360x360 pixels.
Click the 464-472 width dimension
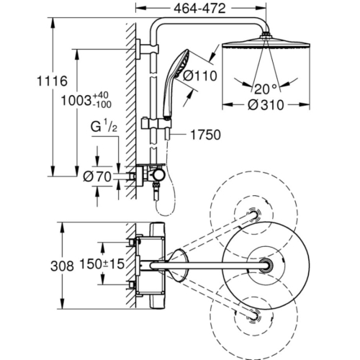[199, 9]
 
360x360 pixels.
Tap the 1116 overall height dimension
[52, 81]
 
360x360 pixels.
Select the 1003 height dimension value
[76, 100]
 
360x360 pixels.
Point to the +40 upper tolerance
[101, 95]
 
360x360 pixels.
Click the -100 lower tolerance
[102, 104]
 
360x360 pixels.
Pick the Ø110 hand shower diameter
[199, 76]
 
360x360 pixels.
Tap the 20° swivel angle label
[266, 89]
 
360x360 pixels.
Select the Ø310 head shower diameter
[266, 105]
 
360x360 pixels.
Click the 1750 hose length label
[205, 135]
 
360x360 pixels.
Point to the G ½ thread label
[104, 127]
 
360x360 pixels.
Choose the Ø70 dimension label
[97, 177]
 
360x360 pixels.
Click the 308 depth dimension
[62, 266]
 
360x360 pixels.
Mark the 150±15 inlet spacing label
[102, 264]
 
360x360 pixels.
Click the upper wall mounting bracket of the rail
[147, 48]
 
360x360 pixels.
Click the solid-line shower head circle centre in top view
[266, 266]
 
